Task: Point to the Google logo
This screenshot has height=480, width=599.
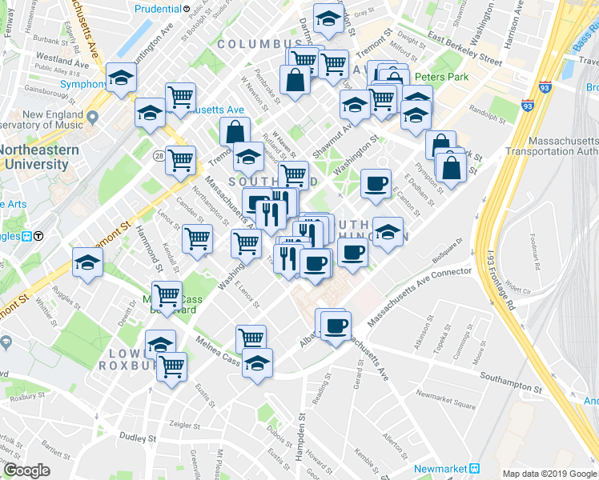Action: pyautogui.click(x=26, y=471)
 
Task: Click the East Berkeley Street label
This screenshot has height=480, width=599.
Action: pyautogui.click(x=464, y=50)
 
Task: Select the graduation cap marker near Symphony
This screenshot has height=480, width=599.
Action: pyautogui.click(x=121, y=78)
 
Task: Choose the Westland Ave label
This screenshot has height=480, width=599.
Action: pyautogui.click(x=56, y=58)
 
